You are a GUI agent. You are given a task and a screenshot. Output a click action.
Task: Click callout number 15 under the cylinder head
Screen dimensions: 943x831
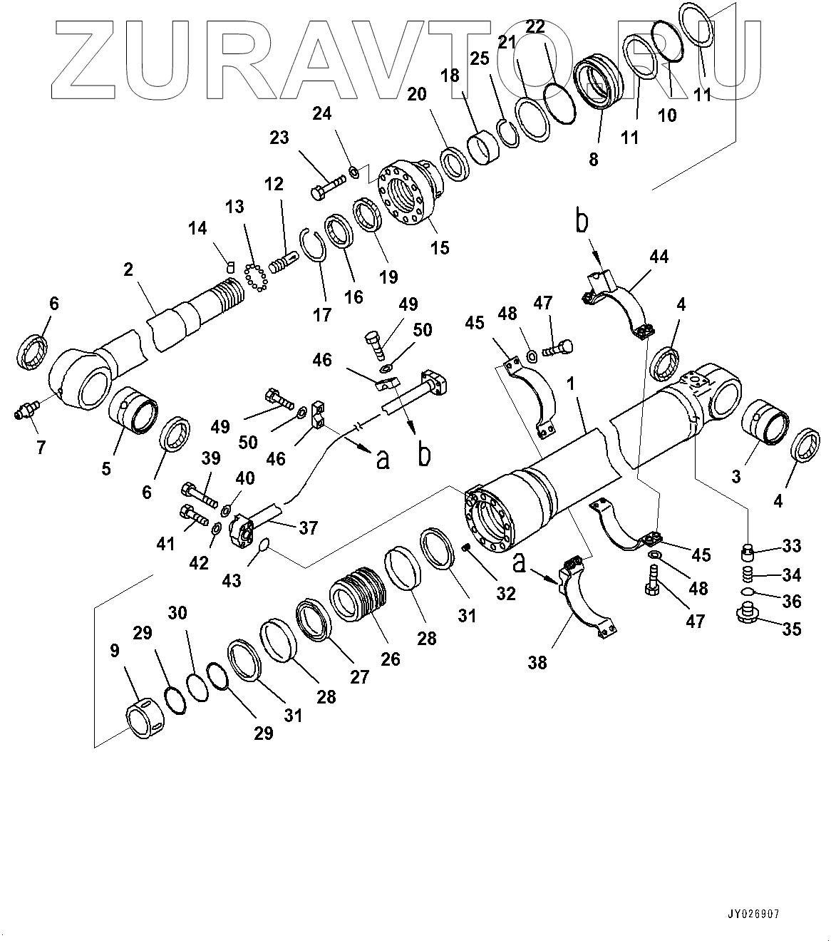[440, 247]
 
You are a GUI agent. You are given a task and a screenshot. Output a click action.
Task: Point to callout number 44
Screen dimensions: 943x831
[659, 257]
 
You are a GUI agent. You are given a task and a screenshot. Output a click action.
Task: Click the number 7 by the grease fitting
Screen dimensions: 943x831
[41, 448]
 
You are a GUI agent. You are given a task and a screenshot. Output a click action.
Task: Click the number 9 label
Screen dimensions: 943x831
[113, 650]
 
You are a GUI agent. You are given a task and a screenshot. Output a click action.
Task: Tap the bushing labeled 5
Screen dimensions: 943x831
[134, 410]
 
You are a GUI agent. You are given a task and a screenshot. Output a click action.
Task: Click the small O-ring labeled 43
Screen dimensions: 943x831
[262, 546]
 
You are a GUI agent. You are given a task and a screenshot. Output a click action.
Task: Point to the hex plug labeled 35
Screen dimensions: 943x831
[745, 612]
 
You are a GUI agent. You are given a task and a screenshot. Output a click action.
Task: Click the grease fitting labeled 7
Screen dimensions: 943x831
[25, 411]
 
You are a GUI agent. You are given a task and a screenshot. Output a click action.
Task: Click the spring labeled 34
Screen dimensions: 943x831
[745, 574]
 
